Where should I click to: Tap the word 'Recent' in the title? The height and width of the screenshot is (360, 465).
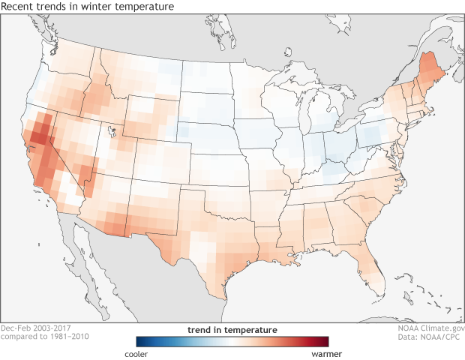tap(19, 7)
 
